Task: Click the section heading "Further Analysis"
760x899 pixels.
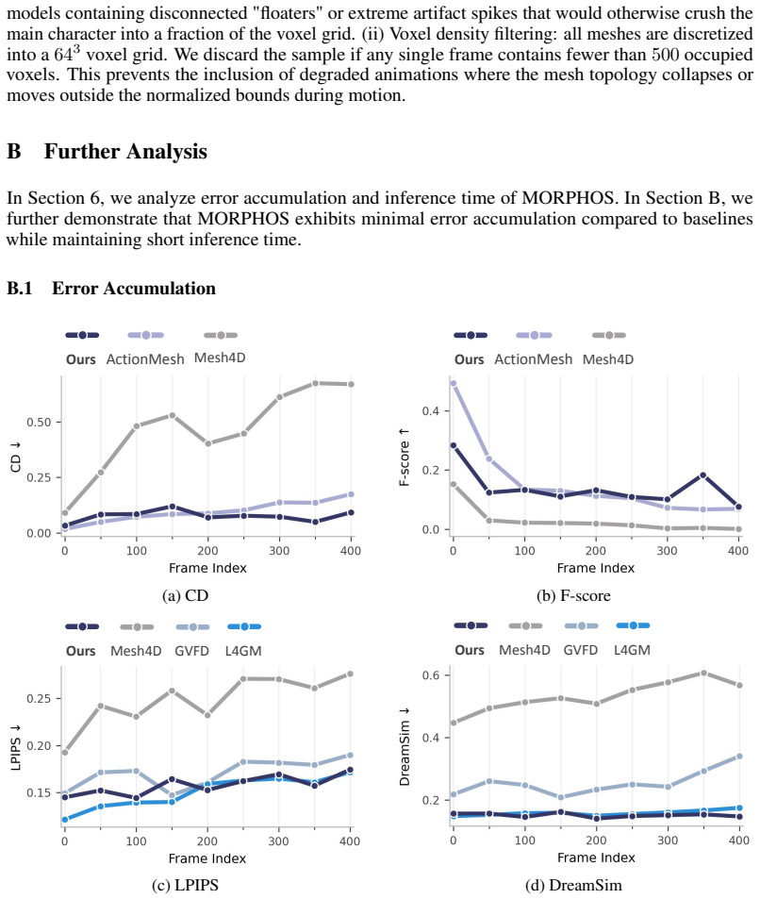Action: [x=125, y=151]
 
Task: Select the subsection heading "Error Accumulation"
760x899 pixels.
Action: [x=134, y=288]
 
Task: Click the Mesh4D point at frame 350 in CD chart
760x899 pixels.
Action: [x=315, y=383]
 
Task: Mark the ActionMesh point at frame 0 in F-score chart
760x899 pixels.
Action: [x=454, y=383]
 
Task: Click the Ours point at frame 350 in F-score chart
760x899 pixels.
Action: [x=703, y=474]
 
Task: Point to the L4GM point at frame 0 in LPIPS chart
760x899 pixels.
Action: [x=65, y=820]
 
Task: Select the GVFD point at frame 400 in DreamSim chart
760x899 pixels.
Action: [x=739, y=757]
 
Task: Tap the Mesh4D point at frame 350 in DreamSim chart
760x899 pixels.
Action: [x=703, y=673]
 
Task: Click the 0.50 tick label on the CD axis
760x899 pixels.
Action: [x=39, y=422]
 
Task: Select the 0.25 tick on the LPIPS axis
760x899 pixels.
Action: [x=39, y=698]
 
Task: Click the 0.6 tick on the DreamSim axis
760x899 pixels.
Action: [x=431, y=674]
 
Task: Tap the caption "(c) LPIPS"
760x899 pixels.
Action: [x=185, y=885]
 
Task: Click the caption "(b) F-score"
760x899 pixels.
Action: [x=573, y=595]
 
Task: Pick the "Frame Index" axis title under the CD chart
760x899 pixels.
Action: [x=207, y=568]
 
